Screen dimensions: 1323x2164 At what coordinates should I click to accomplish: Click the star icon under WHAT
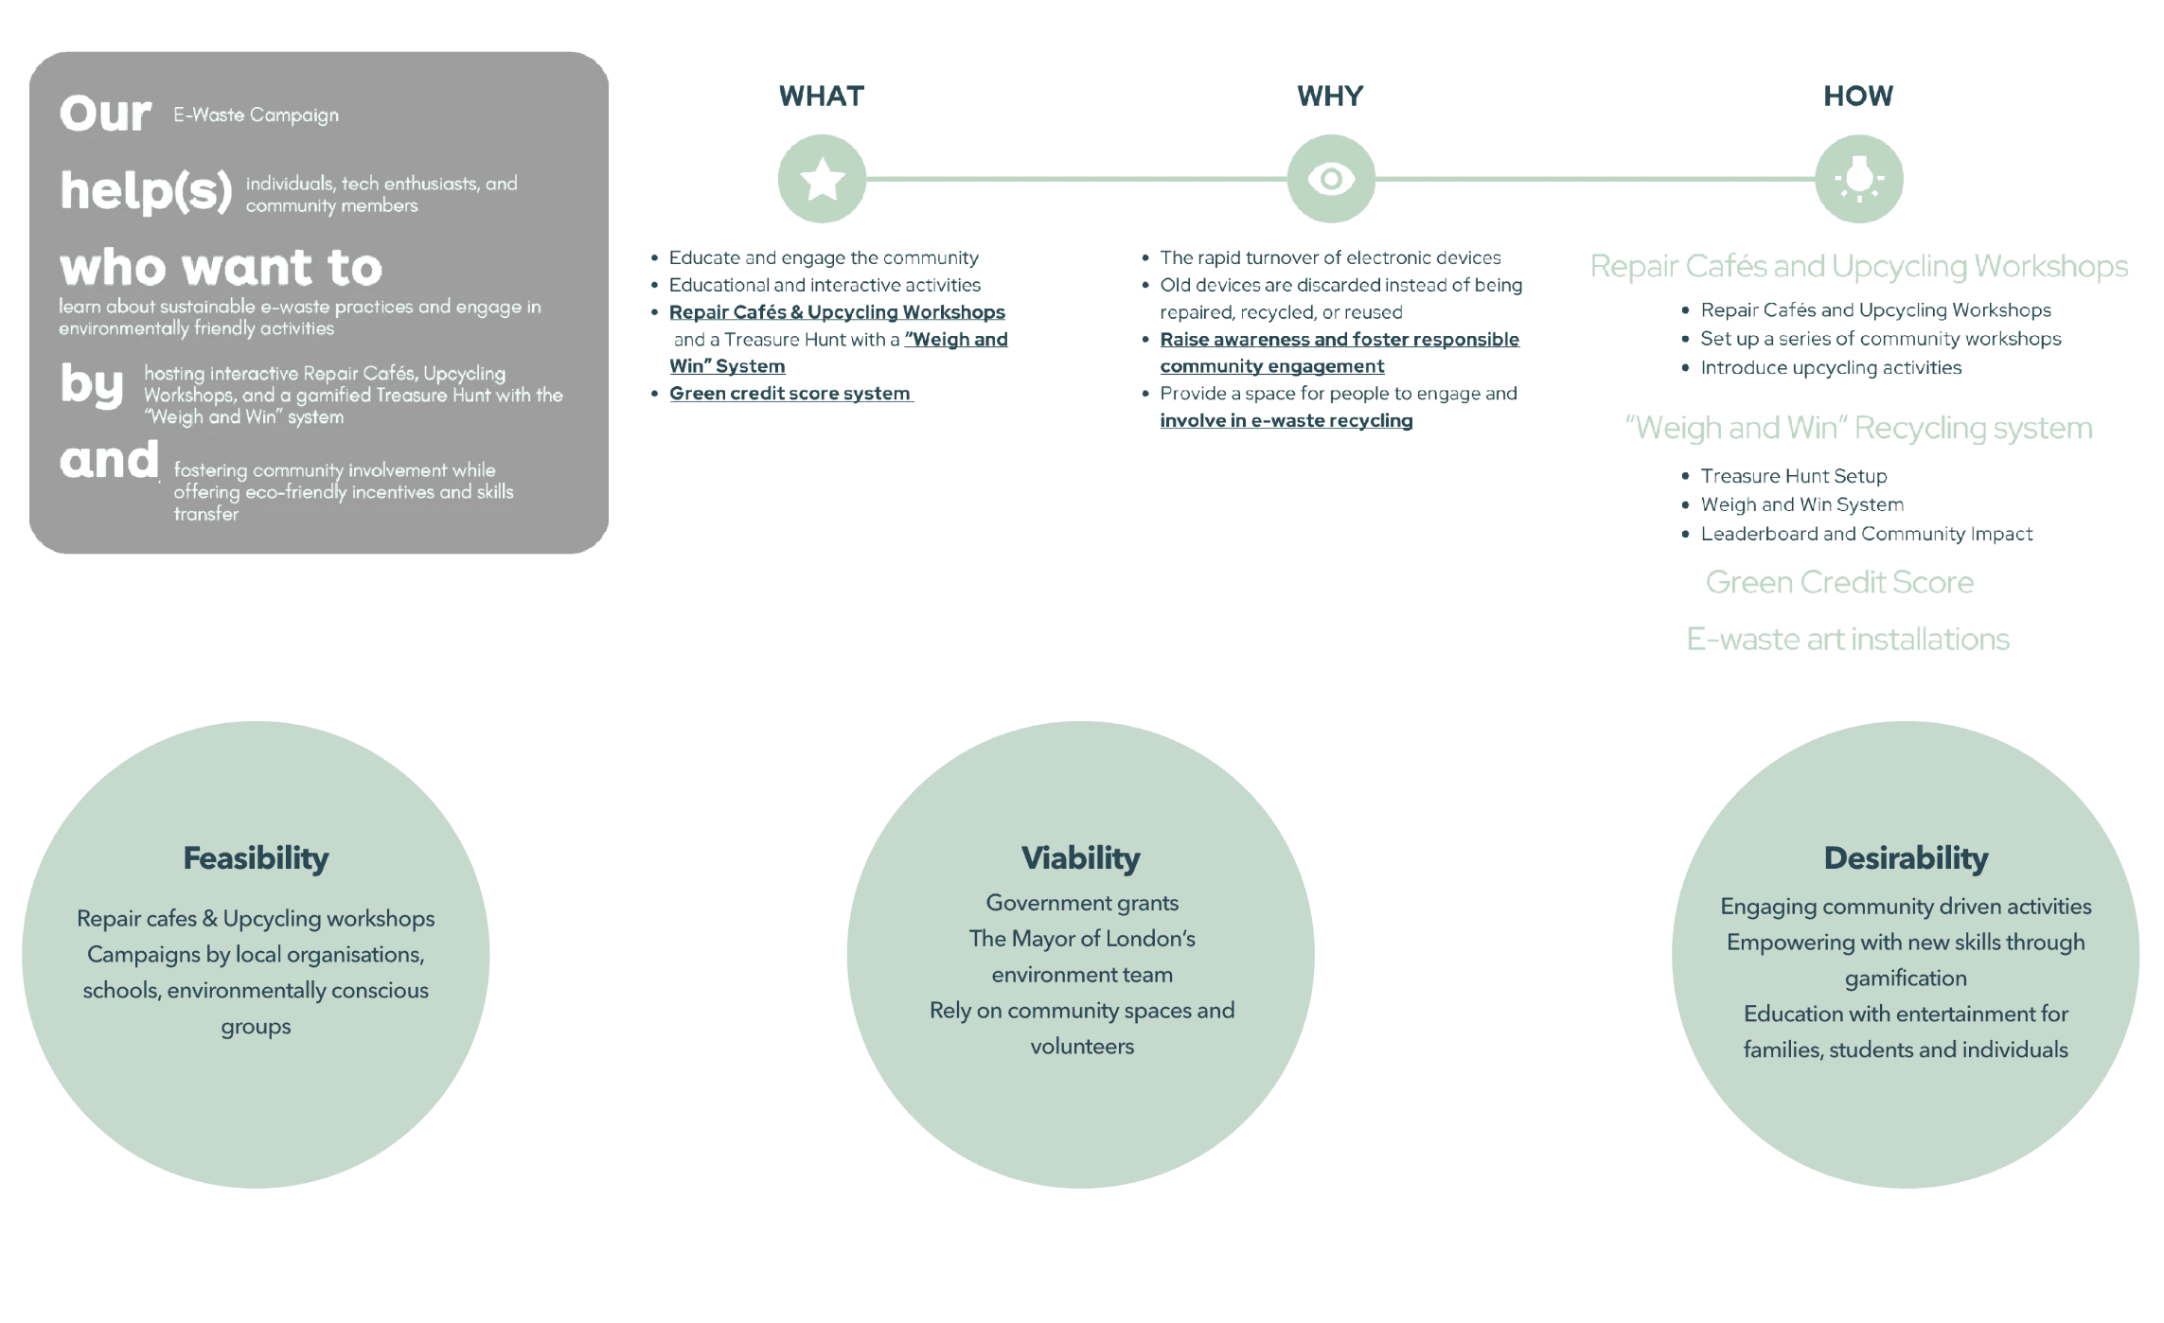822,179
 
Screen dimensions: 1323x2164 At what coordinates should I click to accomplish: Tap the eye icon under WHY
1330,179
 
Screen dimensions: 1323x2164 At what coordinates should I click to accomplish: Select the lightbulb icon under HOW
1858,179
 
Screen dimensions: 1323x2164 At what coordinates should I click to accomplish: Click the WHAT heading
822,96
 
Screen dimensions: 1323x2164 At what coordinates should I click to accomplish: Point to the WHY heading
1330,96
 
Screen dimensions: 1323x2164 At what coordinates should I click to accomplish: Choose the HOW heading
1858,96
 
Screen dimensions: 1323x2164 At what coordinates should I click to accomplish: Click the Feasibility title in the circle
256,858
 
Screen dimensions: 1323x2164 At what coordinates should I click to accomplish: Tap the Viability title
1081,858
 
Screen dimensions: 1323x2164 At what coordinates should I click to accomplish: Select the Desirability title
1906,858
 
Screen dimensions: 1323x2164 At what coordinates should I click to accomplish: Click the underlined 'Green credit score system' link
789,394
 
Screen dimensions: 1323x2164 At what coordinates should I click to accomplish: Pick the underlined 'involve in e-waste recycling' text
1286,421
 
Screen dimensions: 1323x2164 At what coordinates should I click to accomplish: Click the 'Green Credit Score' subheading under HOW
1839,582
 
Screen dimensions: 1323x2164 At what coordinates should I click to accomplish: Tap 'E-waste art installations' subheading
1848,640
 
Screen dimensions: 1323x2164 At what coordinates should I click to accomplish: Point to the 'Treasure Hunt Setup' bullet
1793,476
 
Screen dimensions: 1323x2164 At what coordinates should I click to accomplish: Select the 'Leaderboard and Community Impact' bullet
1866,534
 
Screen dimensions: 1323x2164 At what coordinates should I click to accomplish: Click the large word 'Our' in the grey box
105,114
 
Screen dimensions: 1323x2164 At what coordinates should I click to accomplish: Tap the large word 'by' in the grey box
92,384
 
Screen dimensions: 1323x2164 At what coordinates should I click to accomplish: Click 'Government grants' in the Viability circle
1082,903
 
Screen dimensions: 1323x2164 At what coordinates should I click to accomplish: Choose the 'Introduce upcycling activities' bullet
1831,368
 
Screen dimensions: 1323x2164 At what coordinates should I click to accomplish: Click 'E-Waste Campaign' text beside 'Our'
256,115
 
